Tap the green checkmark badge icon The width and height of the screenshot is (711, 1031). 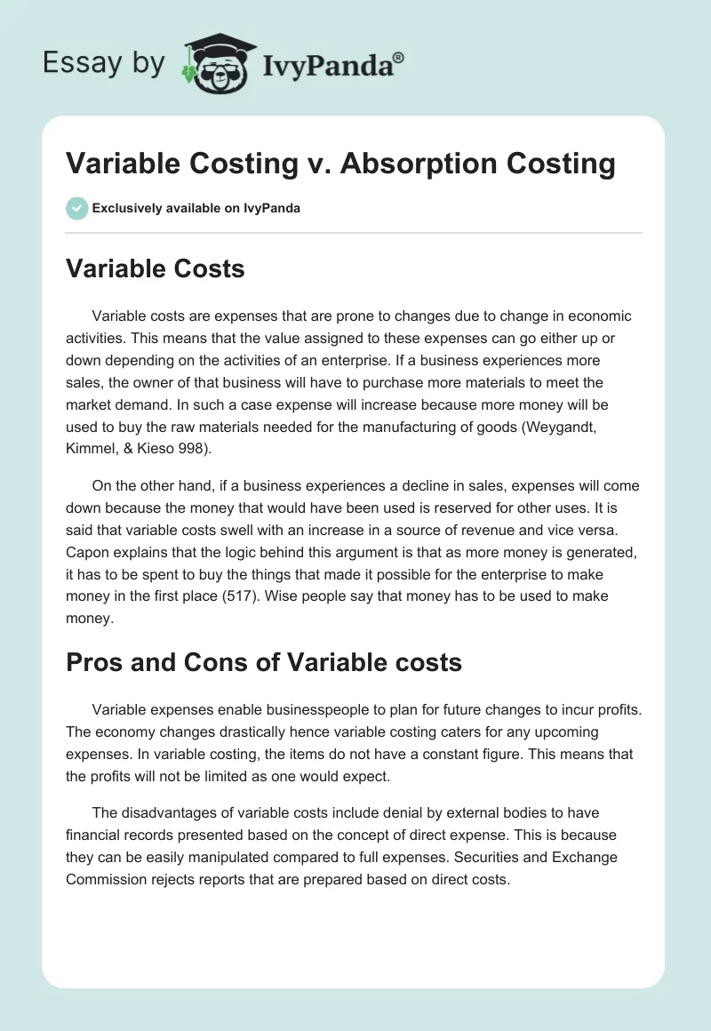click(76, 208)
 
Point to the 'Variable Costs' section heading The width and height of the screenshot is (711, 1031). click(156, 268)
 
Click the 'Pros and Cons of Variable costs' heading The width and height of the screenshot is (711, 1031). click(264, 662)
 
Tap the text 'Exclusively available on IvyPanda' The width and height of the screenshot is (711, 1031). click(196, 209)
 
